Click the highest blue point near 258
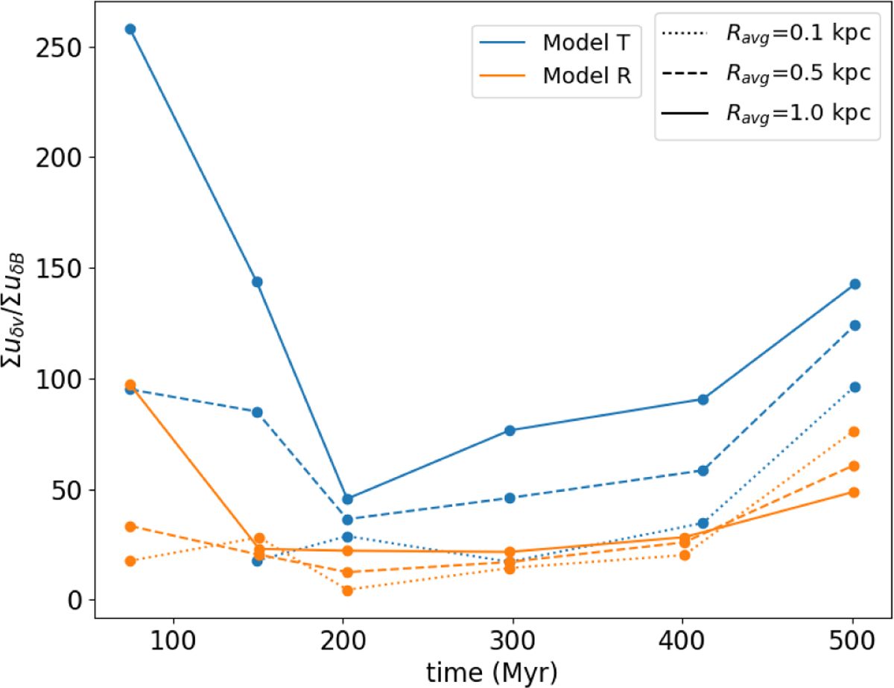point(130,29)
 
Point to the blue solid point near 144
point(257,282)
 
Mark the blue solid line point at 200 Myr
point(347,499)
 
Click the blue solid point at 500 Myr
point(855,284)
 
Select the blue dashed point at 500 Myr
point(855,325)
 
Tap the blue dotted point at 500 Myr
point(855,387)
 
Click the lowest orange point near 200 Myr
point(347,590)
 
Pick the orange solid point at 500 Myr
point(855,492)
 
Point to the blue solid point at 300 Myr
point(510,430)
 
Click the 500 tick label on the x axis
point(855,640)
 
